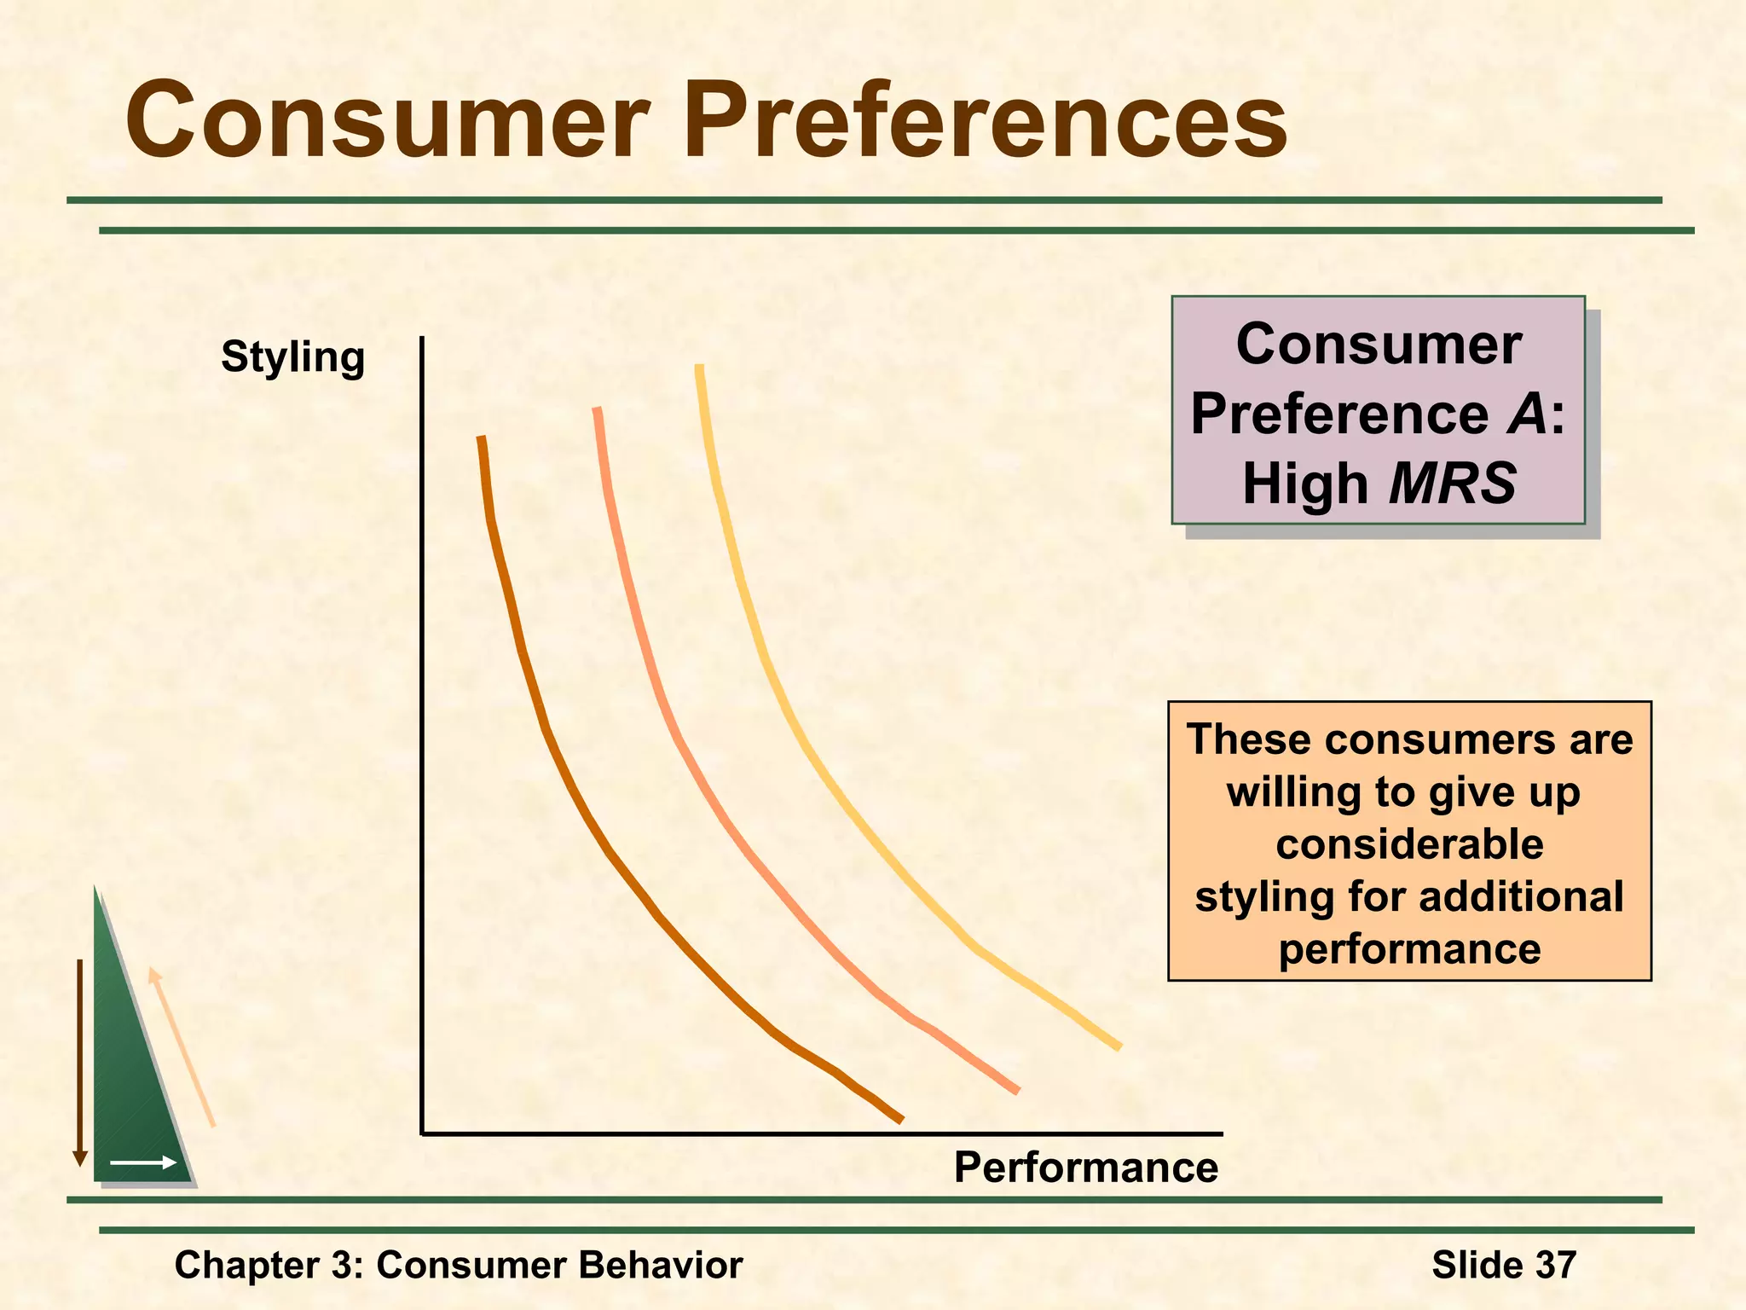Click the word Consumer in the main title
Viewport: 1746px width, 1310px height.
point(388,121)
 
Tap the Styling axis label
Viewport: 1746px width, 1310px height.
point(292,356)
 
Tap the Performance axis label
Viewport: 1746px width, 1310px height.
point(1085,1167)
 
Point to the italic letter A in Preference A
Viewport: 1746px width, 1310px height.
point(1527,414)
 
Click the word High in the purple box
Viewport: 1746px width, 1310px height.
point(1304,484)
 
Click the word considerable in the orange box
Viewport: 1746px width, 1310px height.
point(1409,844)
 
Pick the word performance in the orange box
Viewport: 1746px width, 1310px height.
point(1409,949)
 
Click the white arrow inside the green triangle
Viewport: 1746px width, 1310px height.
point(143,1162)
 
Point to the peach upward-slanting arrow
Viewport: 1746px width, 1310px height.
point(182,1046)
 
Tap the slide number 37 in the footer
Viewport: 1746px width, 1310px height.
point(1556,1265)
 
